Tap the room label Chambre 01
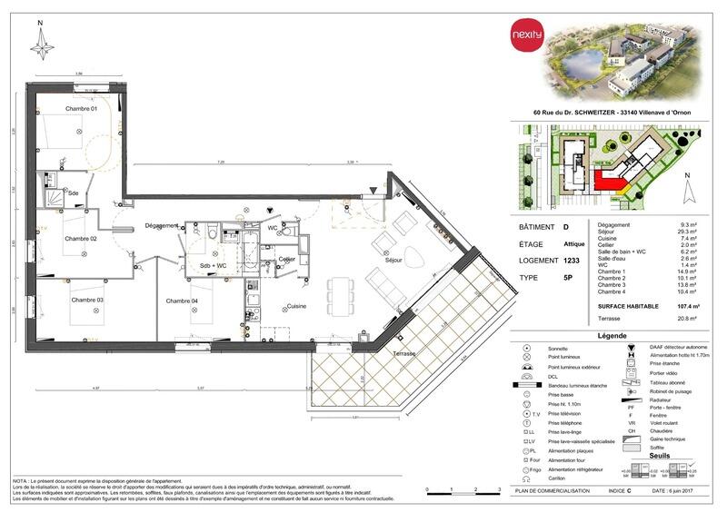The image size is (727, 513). coord(80,109)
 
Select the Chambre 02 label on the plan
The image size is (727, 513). coord(80,239)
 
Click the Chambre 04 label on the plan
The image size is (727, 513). coord(182,300)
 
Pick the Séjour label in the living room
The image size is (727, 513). coord(393,261)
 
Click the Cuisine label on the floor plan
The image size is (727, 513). coord(296,306)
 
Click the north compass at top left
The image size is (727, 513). coord(41,44)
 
